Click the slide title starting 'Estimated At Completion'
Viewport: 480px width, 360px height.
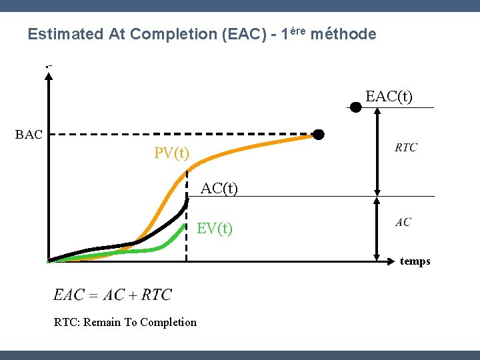(x=201, y=34)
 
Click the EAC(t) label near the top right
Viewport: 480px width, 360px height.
(x=389, y=97)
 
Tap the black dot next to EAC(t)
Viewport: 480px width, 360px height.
(x=356, y=107)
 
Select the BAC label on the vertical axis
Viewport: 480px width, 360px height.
(x=29, y=135)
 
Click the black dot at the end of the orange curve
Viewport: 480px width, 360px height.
(x=319, y=135)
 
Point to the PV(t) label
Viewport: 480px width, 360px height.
(x=171, y=153)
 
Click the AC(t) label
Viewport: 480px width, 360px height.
(x=219, y=189)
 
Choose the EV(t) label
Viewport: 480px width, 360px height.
(x=215, y=229)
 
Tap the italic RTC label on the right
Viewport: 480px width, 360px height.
(x=406, y=147)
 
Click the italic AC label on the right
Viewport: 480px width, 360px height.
(x=403, y=223)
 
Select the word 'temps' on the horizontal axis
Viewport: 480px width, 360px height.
(x=415, y=261)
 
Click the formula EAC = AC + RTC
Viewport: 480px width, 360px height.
(x=113, y=295)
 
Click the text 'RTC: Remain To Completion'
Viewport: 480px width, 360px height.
(x=125, y=323)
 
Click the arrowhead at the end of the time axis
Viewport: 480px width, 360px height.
(x=393, y=261)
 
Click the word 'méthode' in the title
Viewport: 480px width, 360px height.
(x=343, y=34)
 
